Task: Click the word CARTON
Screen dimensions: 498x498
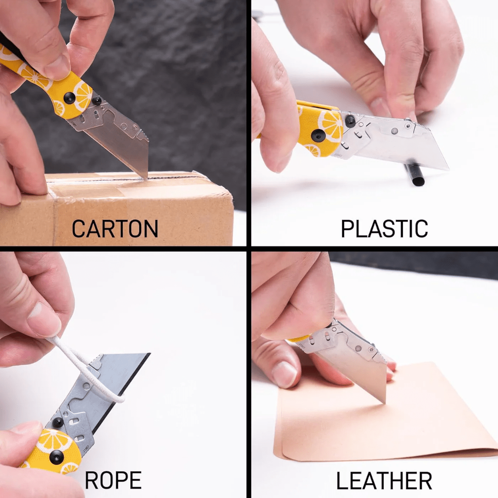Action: (115, 228)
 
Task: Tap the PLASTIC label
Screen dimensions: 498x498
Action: (384, 228)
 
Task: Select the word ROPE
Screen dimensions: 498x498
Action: (113, 480)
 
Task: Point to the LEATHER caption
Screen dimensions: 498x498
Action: (384, 480)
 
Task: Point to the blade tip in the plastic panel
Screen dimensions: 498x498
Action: (447, 169)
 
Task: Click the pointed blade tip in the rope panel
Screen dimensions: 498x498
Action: (149, 353)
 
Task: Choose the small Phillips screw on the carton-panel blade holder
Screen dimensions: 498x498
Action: (136, 128)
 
